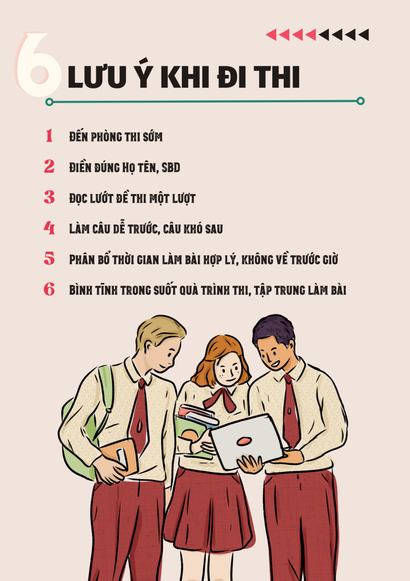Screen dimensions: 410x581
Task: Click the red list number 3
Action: (49, 197)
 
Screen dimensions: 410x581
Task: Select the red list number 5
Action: (49, 259)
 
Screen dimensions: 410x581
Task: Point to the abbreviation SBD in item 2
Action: (171, 168)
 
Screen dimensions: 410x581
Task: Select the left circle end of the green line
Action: (49, 102)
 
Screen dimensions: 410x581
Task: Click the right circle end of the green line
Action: (361, 101)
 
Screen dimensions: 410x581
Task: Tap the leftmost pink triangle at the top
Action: (271, 35)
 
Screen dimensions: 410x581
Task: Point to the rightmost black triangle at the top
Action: (364, 35)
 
